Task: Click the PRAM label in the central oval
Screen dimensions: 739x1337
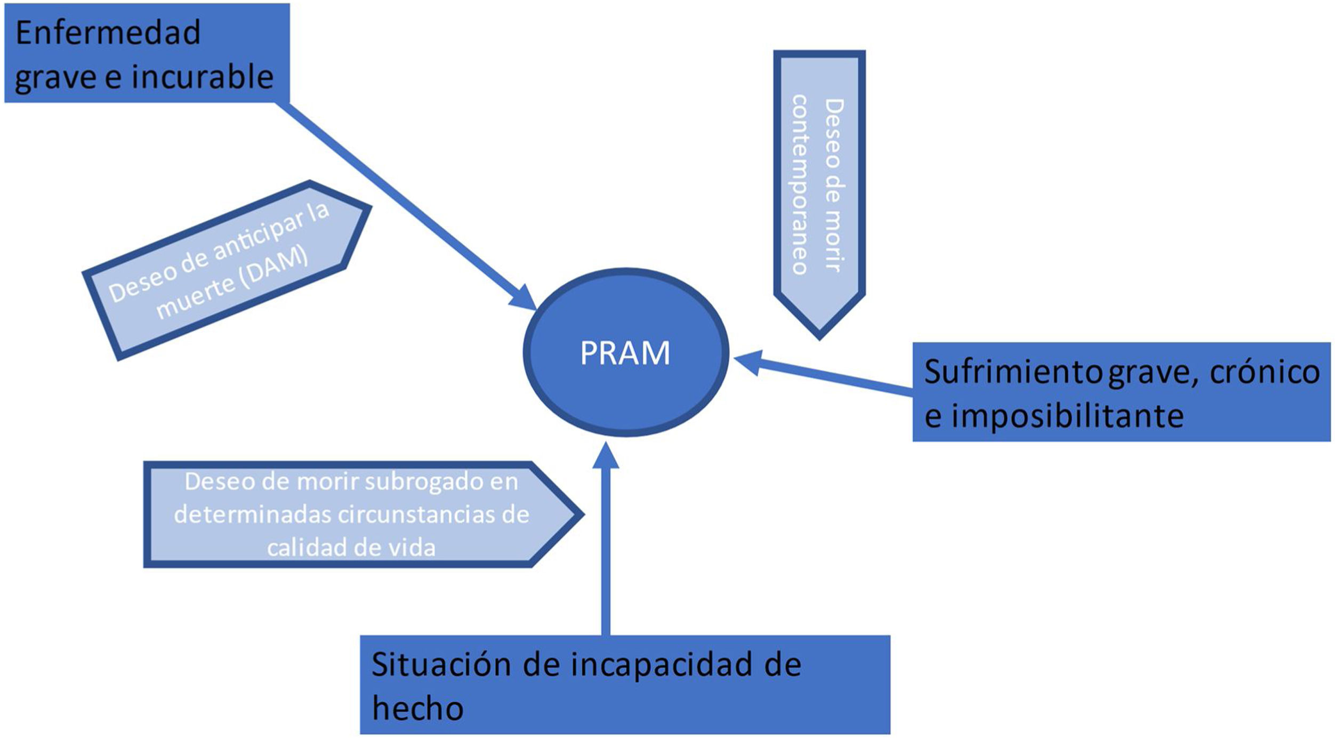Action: [x=625, y=353]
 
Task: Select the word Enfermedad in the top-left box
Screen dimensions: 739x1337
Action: [x=108, y=33]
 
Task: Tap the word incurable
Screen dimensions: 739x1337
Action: [x=203, y=77]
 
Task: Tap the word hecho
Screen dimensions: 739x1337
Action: [x=418, y=709]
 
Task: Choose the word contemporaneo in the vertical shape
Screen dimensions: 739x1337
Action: [x=800, y=184]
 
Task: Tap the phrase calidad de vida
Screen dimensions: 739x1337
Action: [x=351, y=548]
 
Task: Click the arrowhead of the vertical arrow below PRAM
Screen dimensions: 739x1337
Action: [x=606, y=456]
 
